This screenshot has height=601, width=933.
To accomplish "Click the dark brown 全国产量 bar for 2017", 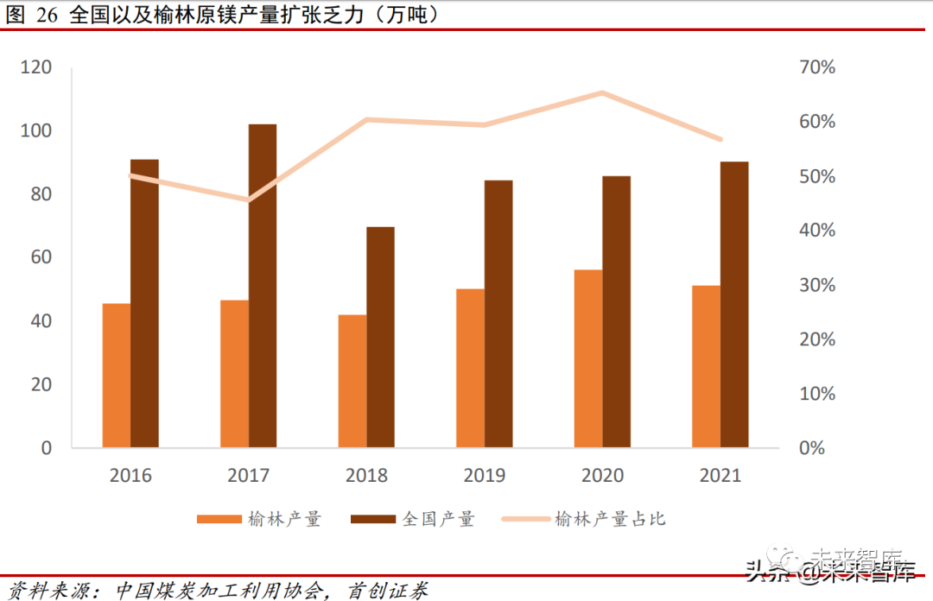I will click(263, 285).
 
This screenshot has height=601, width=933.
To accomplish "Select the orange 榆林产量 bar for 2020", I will click(588, 358).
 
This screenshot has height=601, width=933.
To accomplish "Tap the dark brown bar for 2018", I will click(380, 337).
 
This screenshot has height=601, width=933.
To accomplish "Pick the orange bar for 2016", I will click(117, 375).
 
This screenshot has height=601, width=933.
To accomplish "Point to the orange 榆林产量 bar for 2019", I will click(471, 368).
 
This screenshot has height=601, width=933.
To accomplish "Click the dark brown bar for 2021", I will click(734, 304).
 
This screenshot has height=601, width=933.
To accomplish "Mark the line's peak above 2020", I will click(602, 92).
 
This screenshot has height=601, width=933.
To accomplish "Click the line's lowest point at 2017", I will click(248, 200).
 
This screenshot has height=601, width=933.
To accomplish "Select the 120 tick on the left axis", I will click(36, 67).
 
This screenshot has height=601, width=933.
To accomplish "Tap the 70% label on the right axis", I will click(816, 67).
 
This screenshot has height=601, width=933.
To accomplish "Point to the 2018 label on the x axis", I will click(366, 476).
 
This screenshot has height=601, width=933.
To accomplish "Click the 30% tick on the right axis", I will click(816, 285).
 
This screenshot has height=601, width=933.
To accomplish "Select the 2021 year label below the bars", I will click(720, 476).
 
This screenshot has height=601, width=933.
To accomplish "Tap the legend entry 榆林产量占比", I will click(610, 519).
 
